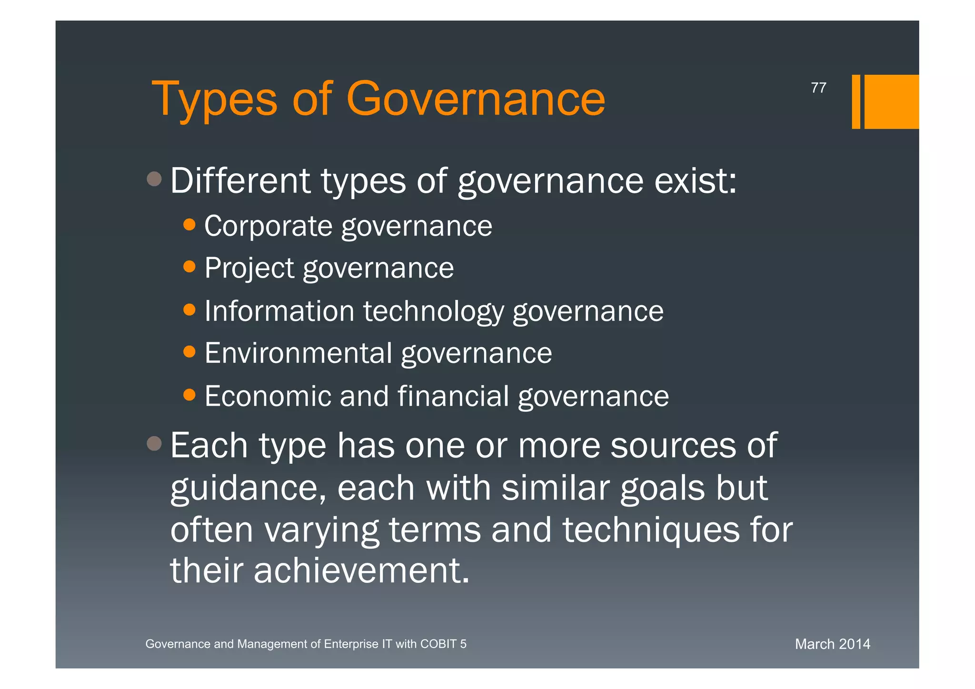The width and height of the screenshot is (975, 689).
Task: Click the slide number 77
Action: tap(818, 88)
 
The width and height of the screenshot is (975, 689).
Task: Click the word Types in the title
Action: tap(214, 100)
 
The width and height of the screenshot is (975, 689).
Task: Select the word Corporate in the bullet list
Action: tap(268, 226)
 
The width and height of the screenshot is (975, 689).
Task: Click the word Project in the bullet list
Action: tap(249, 268)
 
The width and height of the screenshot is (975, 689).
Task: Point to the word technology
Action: tap(433, 312)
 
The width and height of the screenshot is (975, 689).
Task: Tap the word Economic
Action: tap(268, 396)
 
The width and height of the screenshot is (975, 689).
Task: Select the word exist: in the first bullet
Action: tap(696, 181)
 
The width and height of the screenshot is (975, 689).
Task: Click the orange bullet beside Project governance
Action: tap(189, 266)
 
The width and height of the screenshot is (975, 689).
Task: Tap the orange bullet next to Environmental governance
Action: tap(189, 352)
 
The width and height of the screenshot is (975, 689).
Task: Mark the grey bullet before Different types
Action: tap(154, 179)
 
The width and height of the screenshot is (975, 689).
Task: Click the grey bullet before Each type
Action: tap(154, 444)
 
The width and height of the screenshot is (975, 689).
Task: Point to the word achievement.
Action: tap(362, 570)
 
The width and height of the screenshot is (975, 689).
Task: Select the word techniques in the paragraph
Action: tap(651, 529)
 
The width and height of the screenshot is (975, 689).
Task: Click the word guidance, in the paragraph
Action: tap(248, 489)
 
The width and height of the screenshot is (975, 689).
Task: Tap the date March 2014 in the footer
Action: tap(832, 644)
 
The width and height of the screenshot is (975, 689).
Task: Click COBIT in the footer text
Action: tap(438, 644)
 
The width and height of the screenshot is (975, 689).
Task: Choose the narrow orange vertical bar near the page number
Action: tap(856, 101)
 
